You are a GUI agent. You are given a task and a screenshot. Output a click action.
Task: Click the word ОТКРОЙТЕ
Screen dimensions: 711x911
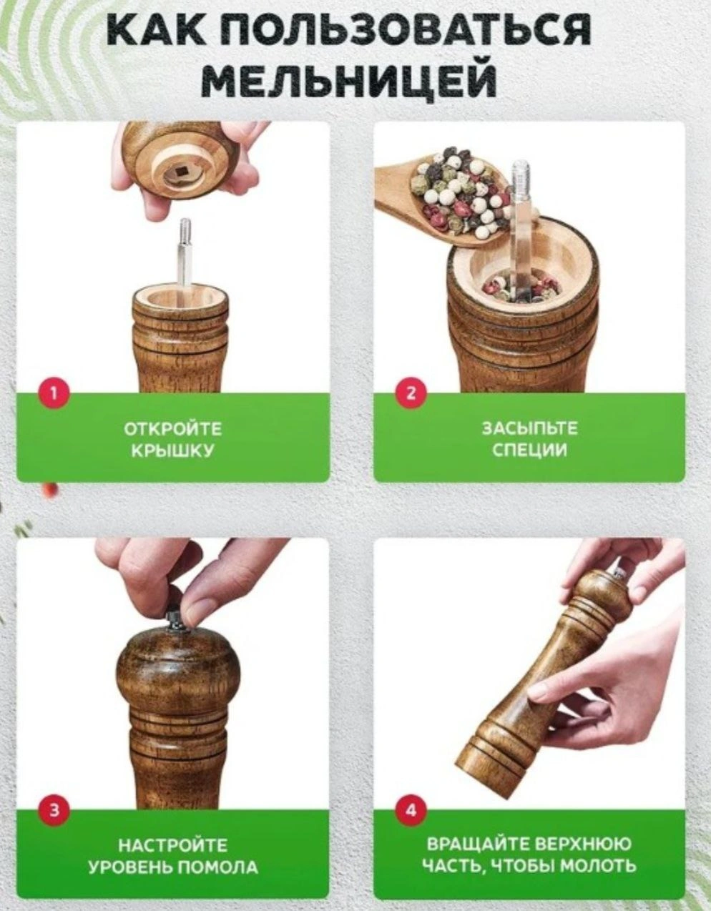coord(173,429)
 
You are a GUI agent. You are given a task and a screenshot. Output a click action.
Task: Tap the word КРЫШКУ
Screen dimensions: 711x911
coord(173,451)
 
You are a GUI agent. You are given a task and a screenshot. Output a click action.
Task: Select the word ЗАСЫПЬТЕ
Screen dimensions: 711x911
coord(529,428)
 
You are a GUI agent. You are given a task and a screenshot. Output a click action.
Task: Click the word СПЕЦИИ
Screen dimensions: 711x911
coord(529,451)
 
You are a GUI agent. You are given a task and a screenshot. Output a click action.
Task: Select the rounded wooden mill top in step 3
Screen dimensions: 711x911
coord(178,671)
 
